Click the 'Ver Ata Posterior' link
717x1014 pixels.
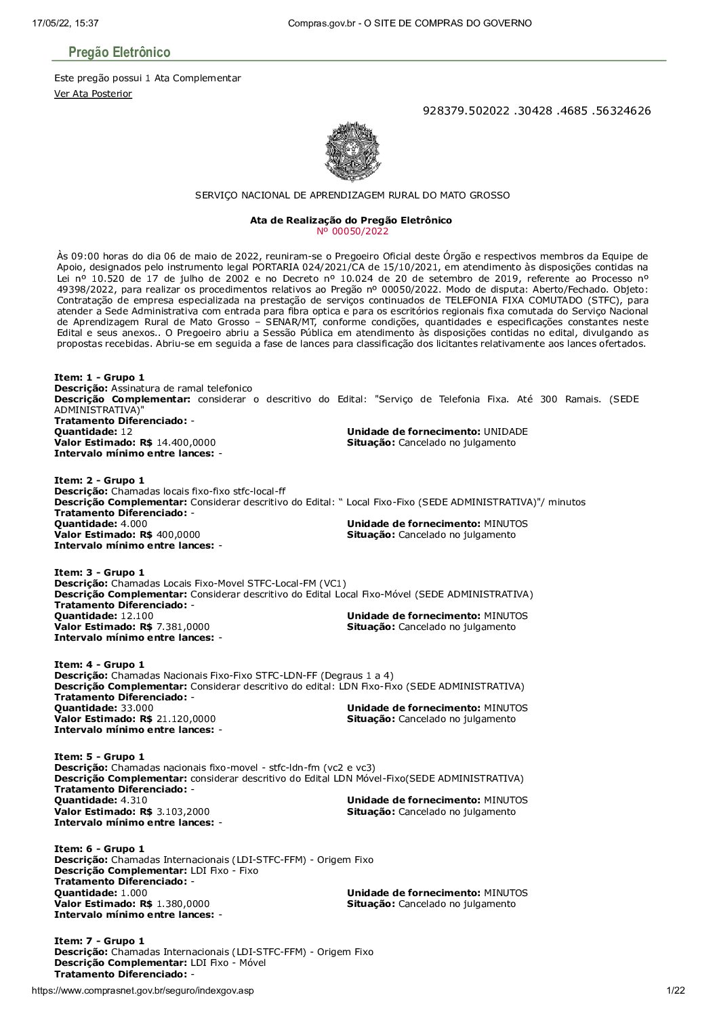pos(93,93)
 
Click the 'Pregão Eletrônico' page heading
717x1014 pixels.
pos(119,52)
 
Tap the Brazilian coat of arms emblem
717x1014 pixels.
pos(352,152)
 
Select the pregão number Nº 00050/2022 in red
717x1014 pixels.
pos(352,231)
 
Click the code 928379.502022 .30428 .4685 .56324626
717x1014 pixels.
pos(536,110)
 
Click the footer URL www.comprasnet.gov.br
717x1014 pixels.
pos(142,990)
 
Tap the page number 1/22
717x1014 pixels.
pos(676,990)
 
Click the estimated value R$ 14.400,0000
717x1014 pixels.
pos(186,442)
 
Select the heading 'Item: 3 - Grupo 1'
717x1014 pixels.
pos(99,572)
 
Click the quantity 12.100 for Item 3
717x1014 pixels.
pos(137,616)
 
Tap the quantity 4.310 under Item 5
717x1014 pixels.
pos(134,800)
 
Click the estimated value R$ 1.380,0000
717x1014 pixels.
pos(183,904)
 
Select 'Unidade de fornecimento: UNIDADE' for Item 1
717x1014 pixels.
pos(437,431)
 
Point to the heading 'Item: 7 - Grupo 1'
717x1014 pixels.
pos(99,941)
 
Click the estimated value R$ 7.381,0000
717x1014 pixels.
pos(183,627)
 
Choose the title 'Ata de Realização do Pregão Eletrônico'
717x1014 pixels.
pos(351,220)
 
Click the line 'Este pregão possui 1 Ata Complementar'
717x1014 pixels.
pos(148,78)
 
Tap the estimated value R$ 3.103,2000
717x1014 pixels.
pos(183,811)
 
